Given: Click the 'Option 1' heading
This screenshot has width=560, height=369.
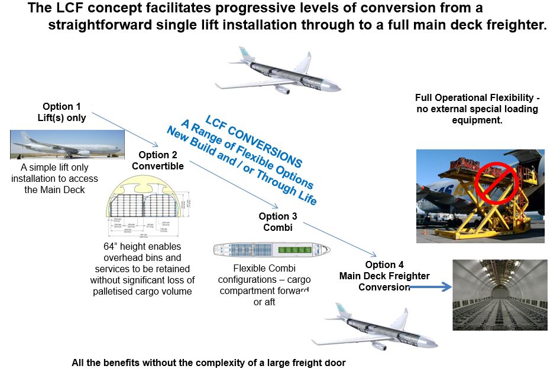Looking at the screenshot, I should (x=61, y=106).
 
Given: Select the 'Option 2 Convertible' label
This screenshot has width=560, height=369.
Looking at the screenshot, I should (x=157, y=160).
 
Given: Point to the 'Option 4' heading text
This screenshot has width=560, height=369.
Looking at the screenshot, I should (x=384, y=264).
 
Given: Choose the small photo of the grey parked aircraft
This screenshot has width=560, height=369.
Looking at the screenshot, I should (x=66, y=145).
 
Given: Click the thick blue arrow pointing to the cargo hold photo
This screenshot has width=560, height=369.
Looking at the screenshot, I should (x=428, y=288).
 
